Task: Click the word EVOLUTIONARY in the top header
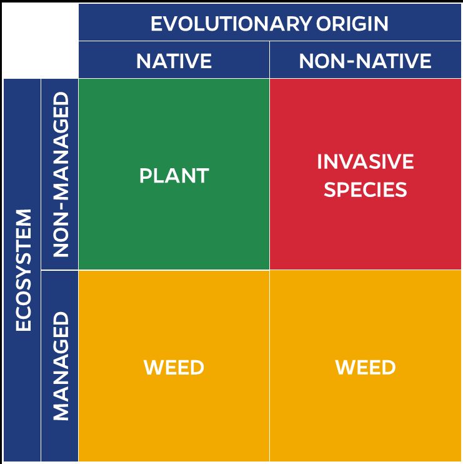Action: coord(230,24)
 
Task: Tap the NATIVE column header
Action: coord(174,61)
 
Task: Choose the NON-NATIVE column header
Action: coord(365,61)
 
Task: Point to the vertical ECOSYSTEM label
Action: coord(23,270)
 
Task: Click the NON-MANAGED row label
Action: coord(61,174)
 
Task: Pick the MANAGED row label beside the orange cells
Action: coord(61,366)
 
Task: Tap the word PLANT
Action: coord(174,176)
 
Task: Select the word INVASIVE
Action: coord(365,162)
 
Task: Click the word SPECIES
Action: coord(365,189)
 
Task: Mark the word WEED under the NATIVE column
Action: coord(174,367)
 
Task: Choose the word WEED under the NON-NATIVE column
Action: coord(365,367)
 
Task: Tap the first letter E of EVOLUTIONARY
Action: coord(156,24)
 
